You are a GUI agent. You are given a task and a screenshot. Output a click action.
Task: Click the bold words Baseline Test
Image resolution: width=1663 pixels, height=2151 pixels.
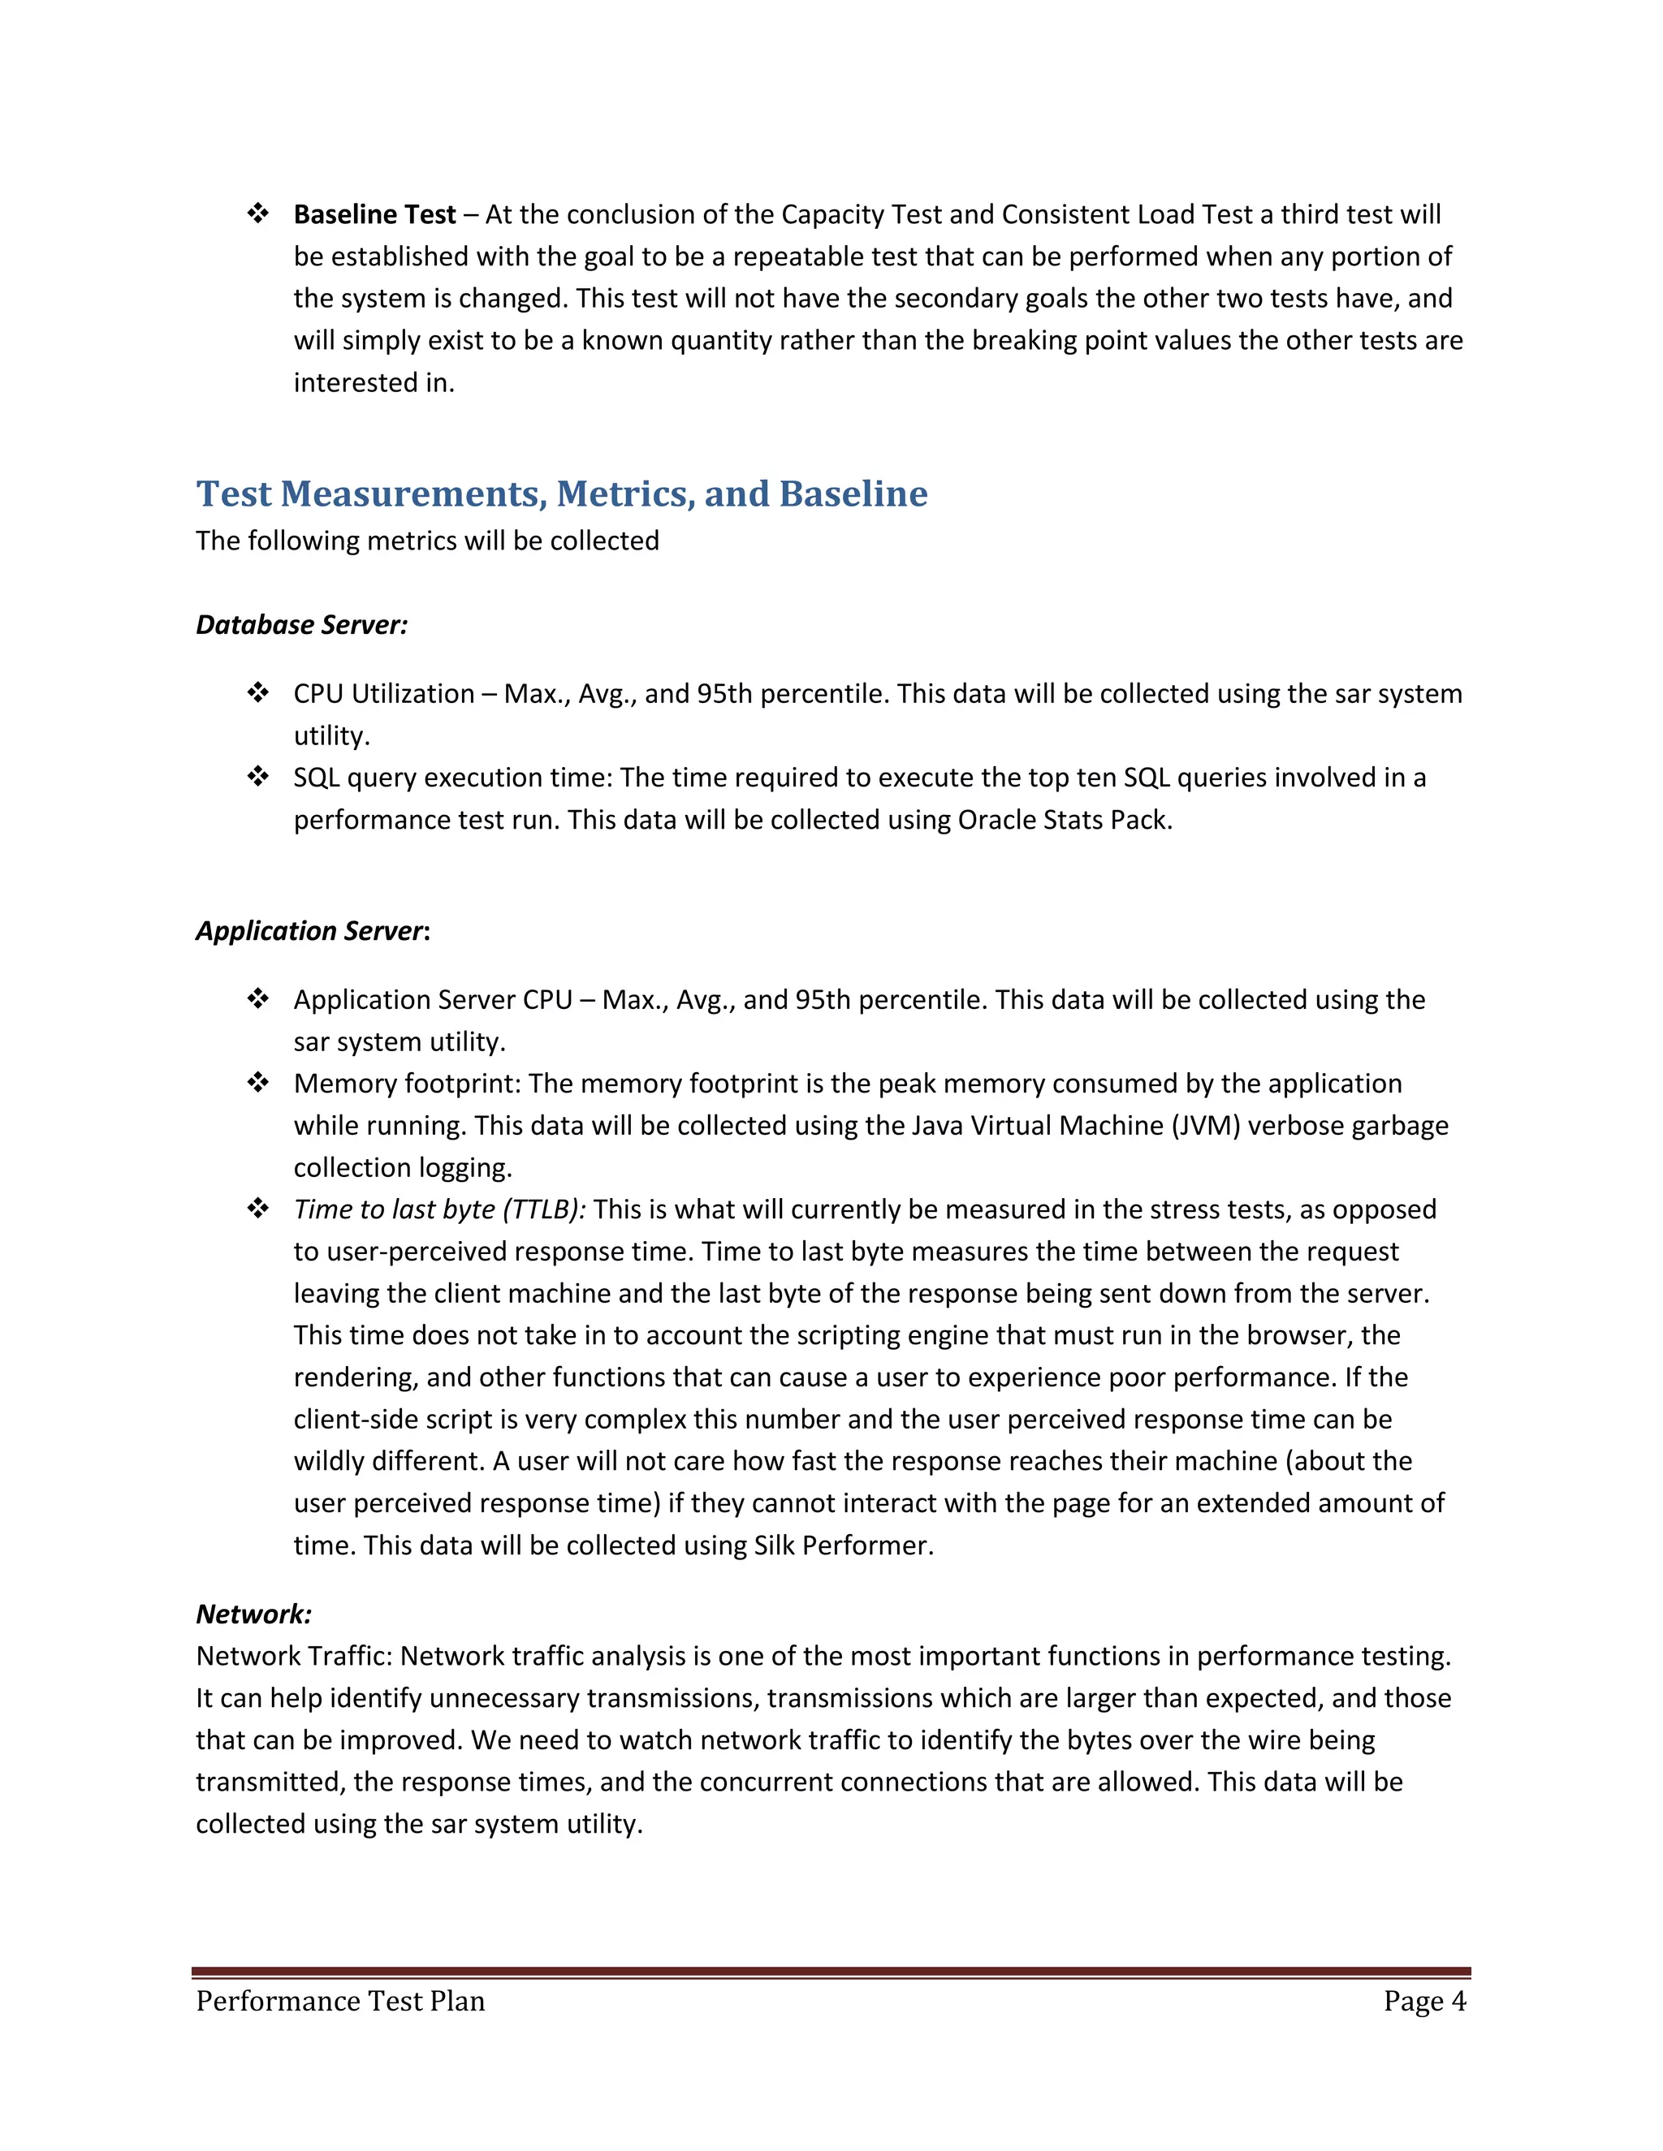[x=374, y=215]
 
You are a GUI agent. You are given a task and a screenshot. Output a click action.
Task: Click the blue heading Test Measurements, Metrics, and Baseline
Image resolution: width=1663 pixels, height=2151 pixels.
[x=562, y=494]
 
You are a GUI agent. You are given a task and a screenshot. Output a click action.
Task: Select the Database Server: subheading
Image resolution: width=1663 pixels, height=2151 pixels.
[x=301, y=624]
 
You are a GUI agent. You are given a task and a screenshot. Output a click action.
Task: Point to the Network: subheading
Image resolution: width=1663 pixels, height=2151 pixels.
[x=253, y=1614]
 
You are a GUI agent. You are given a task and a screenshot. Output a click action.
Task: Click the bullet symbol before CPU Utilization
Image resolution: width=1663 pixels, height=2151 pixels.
[x=258, y=693]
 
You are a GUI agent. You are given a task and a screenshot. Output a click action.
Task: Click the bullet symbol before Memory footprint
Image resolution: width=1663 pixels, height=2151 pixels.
[x=258, y=1084]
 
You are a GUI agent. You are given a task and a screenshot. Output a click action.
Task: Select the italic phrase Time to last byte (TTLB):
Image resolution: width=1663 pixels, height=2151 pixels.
[x=439, y=1209]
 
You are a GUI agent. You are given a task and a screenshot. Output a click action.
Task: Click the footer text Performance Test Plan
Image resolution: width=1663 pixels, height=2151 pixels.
[x=340, y=2002]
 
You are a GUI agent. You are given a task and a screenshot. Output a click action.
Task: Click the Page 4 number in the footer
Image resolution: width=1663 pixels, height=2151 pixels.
[x=1423, y=2002]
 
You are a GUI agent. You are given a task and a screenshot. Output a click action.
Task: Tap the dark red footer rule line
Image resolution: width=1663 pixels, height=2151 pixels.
[x=831, y=1972]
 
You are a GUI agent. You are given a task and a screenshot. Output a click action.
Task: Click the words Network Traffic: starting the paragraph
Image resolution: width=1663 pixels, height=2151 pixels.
[x=294, y=1657]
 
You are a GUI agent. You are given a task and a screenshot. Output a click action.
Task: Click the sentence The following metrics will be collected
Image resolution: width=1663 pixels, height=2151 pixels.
[x=426, y=541]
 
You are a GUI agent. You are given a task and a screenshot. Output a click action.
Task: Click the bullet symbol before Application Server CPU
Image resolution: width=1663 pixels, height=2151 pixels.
[x=258, y=1000]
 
